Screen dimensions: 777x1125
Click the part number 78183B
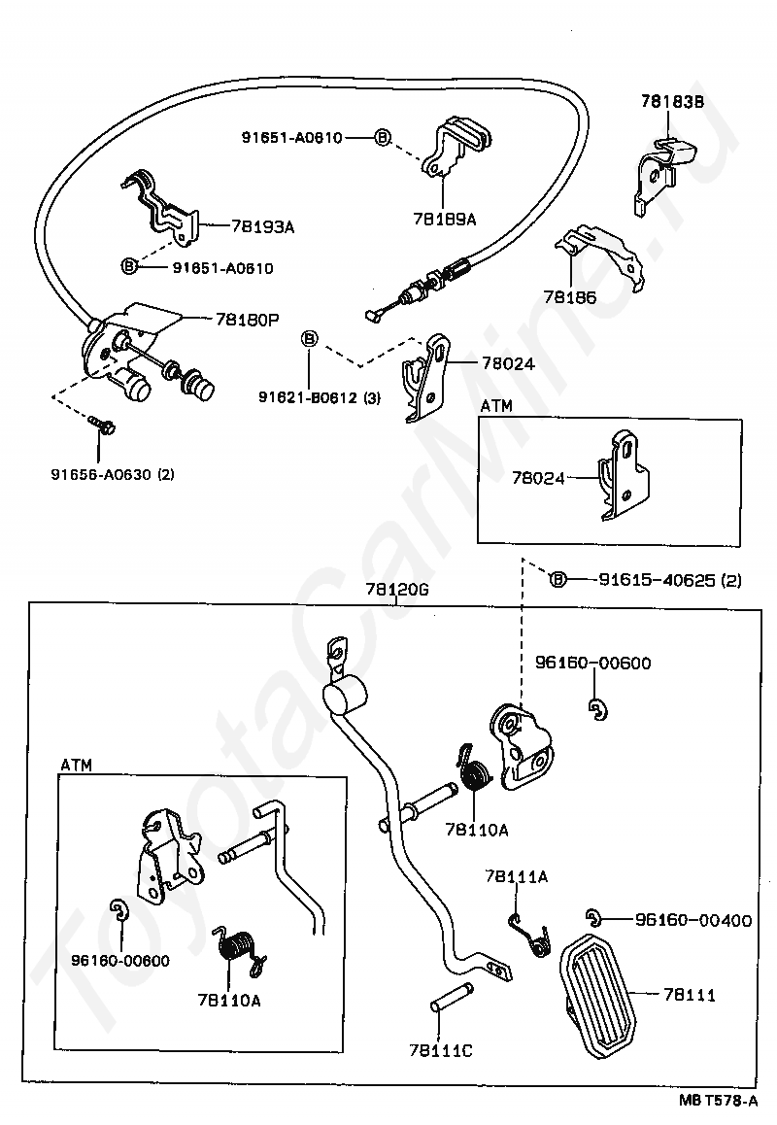coord(672,101)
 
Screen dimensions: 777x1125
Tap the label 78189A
coord(444,219)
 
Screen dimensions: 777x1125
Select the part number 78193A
coord(262,226)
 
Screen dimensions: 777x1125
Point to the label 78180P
coord(247,320)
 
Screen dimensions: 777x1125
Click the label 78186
coord(570,297)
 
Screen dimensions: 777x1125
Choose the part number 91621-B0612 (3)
coord(320,396)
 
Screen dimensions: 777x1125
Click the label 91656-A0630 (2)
coord(113,474)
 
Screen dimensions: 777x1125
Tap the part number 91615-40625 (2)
coord(670,580)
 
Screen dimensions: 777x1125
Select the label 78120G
coord(396,590)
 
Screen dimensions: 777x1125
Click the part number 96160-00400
coord(693,920)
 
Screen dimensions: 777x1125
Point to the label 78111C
coord(441,1050)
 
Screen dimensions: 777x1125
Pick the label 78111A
coord(516,876)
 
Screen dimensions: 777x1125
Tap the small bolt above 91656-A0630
coord(103,425)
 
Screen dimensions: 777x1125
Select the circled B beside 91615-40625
coord(558,580)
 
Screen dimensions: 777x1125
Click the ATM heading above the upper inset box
coord(496,406)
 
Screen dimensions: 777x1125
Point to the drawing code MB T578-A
coord(718,1101)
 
